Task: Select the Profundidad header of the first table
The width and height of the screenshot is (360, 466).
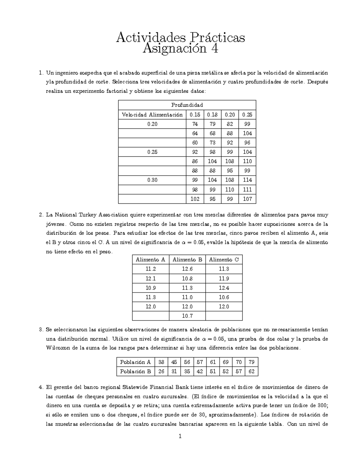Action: point(187,105)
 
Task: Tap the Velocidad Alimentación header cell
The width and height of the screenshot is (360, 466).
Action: point(152,115)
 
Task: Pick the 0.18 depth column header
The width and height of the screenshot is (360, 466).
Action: point(212,115)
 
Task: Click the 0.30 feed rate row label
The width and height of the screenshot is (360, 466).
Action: point(152,180)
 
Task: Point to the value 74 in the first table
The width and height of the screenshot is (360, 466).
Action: point(195,124)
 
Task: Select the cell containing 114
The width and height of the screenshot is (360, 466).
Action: point(247,180)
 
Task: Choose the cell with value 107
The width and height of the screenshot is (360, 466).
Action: point(247,199)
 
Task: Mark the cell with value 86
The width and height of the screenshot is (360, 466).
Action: point(195,161)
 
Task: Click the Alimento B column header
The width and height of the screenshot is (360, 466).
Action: point(187,260)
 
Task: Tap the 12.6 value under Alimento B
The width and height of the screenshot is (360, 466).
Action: point(187,269)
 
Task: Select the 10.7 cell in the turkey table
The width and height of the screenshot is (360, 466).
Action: point(187,316)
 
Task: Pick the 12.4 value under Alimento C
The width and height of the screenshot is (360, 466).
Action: point(224,288)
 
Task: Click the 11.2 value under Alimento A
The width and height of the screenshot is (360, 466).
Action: point(151,269)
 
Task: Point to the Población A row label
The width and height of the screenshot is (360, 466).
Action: point(135,362)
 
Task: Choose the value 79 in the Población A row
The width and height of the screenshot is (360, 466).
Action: point(251,362)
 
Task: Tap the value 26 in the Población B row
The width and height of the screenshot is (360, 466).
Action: point(161,371)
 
